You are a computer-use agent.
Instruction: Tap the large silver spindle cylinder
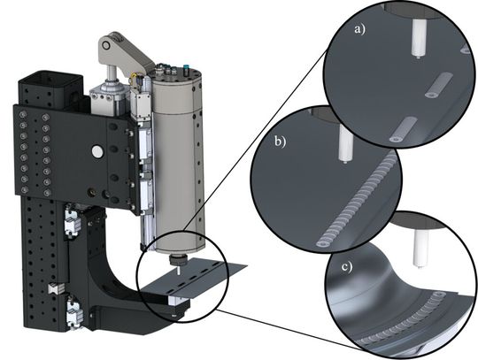point(177,159)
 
